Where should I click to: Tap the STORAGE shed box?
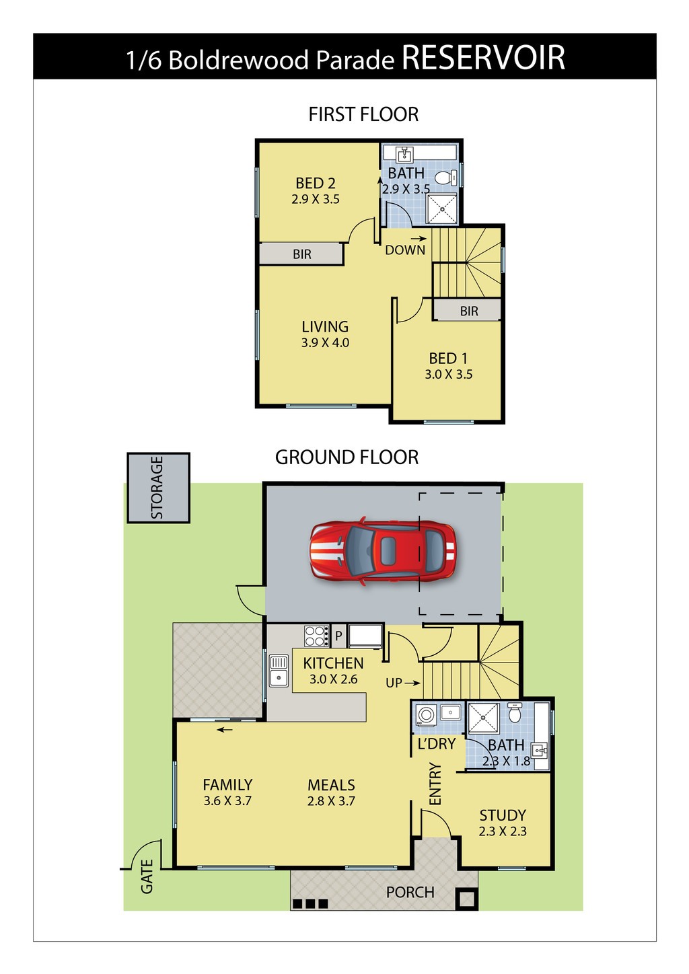coord(158,488)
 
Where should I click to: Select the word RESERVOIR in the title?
coord(483,57)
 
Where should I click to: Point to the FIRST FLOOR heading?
coord(363,114)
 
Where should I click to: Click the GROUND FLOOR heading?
coord(347,457)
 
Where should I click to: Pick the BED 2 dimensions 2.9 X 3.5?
coord(316,199)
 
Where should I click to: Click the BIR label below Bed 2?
coord(302,254)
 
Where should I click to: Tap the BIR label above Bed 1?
coord(469,311)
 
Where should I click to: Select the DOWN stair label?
coord(405,250)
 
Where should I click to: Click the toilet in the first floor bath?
coord(446,178)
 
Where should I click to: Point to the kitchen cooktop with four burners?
coord(316,636)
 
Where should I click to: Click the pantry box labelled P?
coord(338,636)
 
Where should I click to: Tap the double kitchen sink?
coord(279,671)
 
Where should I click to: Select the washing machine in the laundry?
coord(426,714)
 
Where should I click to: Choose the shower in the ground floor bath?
coord(483,718)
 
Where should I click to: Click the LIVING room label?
coord(325,326)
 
